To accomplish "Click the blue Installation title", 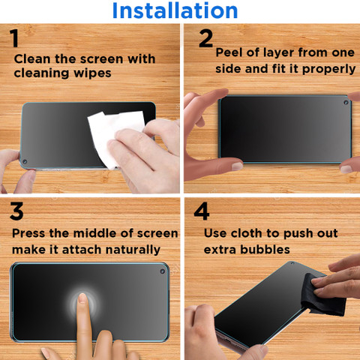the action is pyautogui.click(x=175, y=10).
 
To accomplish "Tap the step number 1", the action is pyautogui.click(x=14, y=38).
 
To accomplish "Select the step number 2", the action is pyautogui.click(x=205, y=38).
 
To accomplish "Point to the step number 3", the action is pyautogui.click(x=16, y=211).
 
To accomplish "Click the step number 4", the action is pyautogui.click(x=202, y=211).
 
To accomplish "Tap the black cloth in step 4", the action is pyautogui.click(x=322, y=295).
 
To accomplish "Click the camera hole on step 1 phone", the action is pyautogui.click(x=25, y=161).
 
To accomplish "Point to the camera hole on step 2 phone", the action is pyautogui.click(x=346, y=103).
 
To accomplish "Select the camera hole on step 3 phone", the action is pyautogui.click(x=162, y=271).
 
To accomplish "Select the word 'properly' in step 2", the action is pyautogui.click(x=328, y=70).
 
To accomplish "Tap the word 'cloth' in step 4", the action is pyautogui.click(x=247, y=233).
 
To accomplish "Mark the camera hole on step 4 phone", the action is pyautogui.click(x=292, y=263).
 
